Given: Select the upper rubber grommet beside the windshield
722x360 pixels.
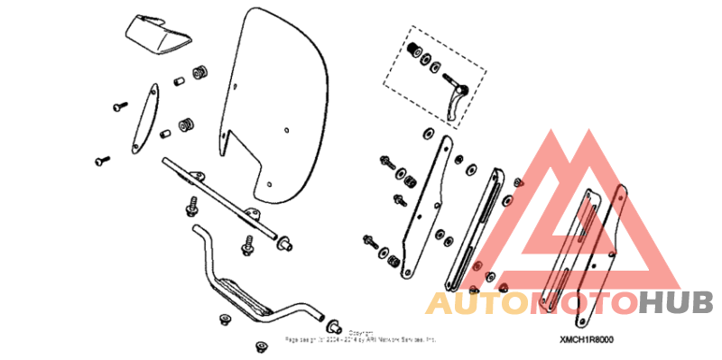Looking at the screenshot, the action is click(199, 70).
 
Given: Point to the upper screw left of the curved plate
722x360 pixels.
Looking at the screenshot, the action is click(119, 106).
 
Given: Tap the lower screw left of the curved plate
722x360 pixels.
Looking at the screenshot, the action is click(100, 162).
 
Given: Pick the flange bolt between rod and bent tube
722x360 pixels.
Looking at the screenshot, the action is click(248, 244).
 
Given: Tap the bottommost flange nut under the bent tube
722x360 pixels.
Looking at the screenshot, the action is click(263, 346).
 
